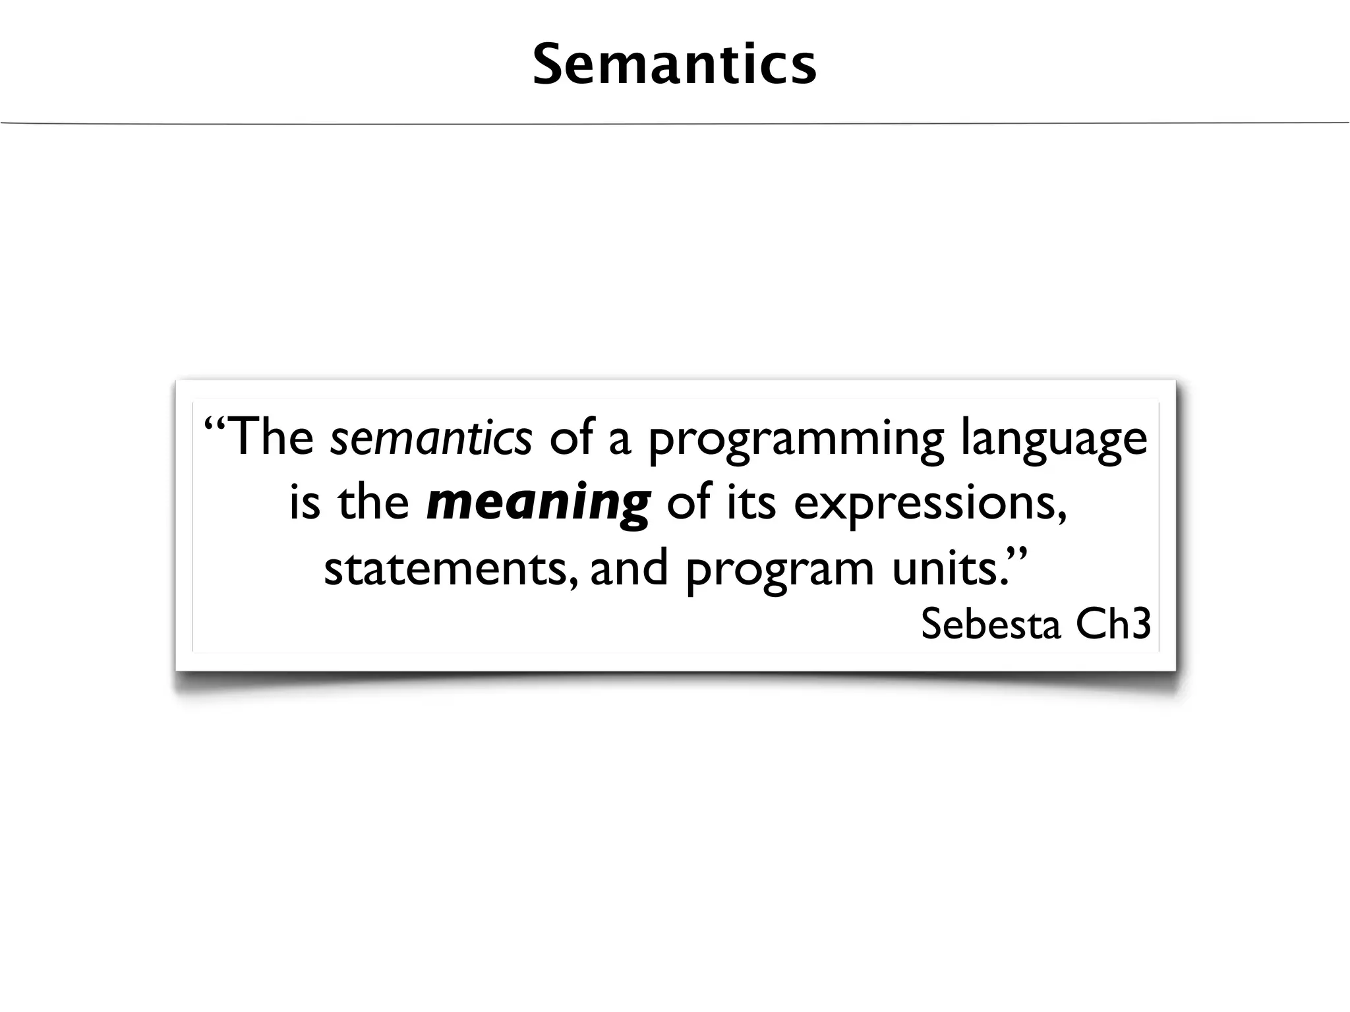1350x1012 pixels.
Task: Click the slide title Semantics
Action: tap(674, 65)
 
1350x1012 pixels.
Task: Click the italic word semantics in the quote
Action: tap(430, 437)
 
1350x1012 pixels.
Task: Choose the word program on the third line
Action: tap(779, 570)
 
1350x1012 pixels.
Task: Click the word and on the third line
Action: tap(629, 569)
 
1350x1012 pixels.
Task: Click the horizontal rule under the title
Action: tap(674, 123)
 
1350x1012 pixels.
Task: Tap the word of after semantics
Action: tap(570, 437)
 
